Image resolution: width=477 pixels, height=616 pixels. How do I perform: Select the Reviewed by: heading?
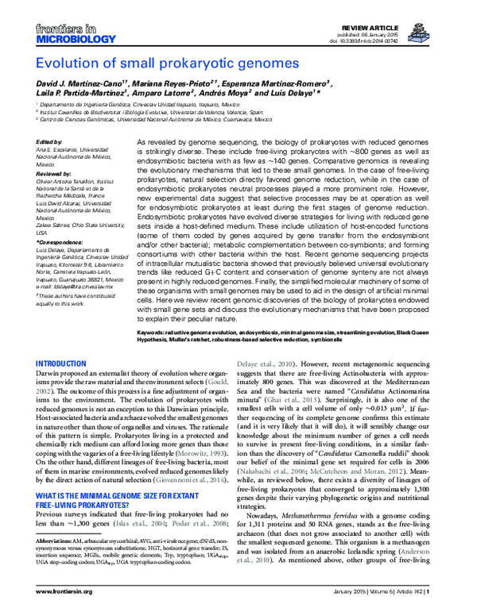[x=54, y=171]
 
